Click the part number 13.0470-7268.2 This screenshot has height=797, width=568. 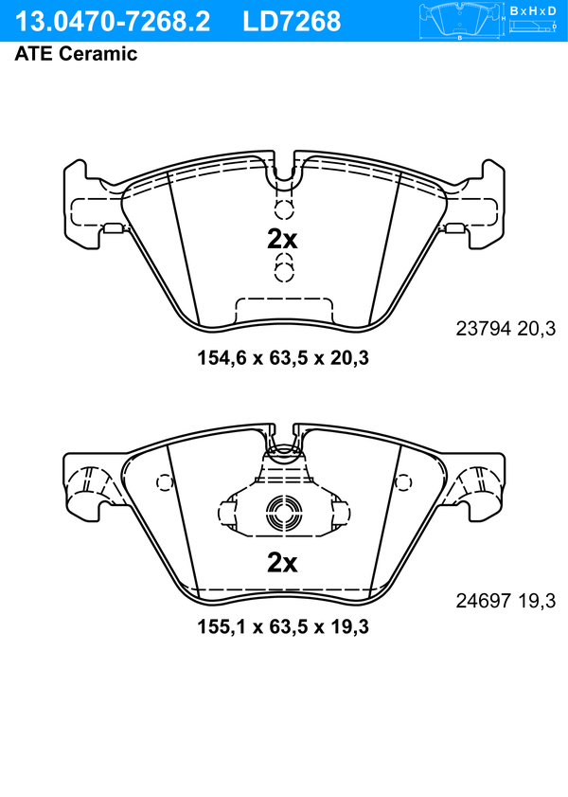point(113,22)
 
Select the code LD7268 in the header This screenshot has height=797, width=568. point(292,22)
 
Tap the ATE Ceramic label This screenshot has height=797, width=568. point(76,53)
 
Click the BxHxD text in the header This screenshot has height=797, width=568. point(533,10)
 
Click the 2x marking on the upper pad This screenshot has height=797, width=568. point(282,240)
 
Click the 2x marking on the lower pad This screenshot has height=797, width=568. point(282,562)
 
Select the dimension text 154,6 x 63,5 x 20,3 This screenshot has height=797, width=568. point(283,358)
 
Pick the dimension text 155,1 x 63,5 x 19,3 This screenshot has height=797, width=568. point(283,626)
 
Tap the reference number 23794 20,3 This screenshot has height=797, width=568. point(506,329)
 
